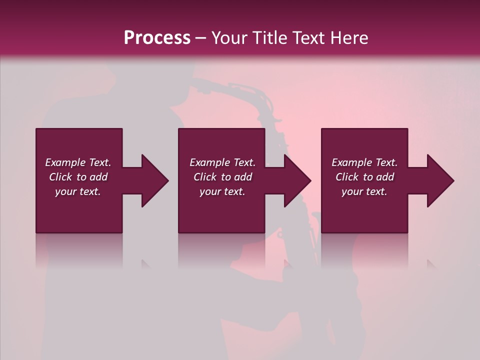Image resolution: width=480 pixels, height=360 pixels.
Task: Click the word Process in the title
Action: [x=157, y=38]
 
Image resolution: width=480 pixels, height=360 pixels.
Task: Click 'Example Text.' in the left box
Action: [x=78, y=162]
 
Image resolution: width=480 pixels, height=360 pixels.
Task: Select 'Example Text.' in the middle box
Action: [x=222, y=162]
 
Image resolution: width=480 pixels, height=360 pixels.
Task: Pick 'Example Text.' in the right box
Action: [x=364, y=162]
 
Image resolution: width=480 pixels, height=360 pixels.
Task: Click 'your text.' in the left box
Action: [x=78, y=191]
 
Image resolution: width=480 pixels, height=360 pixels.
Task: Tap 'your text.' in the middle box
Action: [x=222, y=191]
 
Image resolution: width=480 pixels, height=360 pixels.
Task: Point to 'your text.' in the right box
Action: [x=364, y=191]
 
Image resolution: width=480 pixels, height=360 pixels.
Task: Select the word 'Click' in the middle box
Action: [x=205, y=177]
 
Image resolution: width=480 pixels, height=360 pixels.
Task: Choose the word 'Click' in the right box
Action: [x=347, y=177]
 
